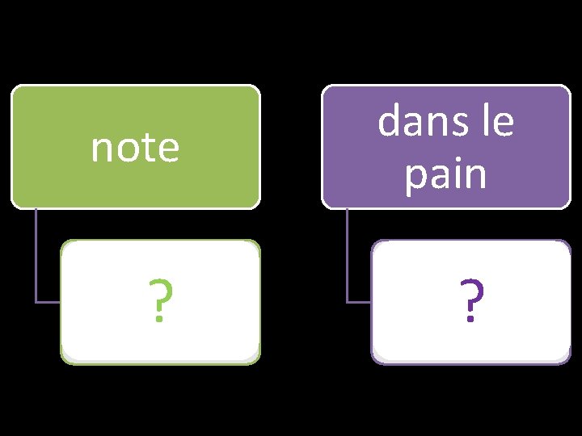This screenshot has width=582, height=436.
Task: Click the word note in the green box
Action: (135, 148)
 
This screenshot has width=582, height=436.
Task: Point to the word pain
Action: (446, 174)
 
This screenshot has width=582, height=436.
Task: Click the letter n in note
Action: (100, 149)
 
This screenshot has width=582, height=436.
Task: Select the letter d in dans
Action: (390, 123)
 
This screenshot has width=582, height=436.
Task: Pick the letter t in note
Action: (147, 148)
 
